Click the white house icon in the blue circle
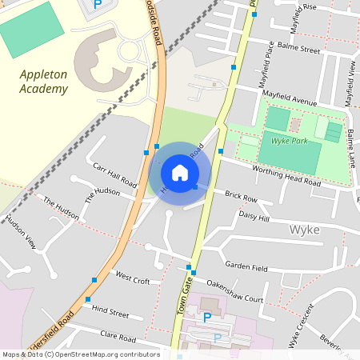[x=180, y=172]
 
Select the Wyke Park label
[x=290, y=141]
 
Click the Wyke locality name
[x=304, y=230]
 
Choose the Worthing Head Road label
[x=286, y=177]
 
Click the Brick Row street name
[x=241, y=197]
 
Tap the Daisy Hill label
[x=254, y=217]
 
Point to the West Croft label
[x=133, y=280]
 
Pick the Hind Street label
[x=110, y=311]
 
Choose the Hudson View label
[x=20, y=230]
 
